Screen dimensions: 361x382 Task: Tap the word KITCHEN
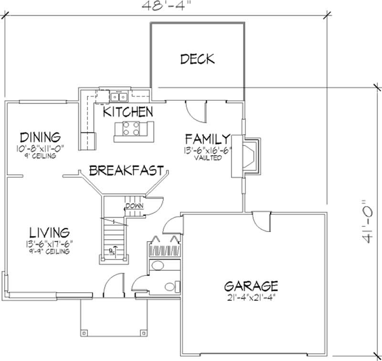point(128,112)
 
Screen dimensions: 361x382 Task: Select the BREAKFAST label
point(127,170)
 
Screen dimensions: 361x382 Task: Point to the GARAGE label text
point(251,286)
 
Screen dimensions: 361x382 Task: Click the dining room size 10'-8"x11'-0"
point(39,149)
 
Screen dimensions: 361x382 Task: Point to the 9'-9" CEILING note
point(50,251)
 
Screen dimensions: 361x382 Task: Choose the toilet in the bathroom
point(170,287)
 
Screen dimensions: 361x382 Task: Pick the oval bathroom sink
point(157,265)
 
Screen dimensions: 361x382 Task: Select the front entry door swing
point(114,287)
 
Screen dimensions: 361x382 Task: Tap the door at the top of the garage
point(262,221)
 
